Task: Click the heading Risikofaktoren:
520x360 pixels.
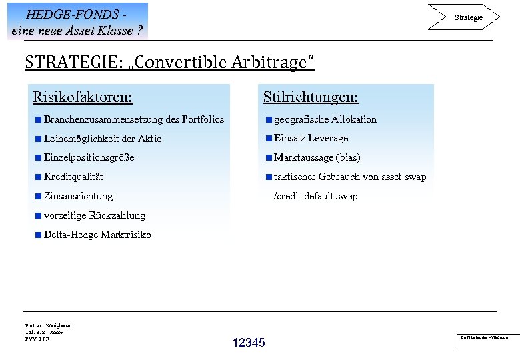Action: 82,97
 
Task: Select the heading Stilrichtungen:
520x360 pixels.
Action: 311,97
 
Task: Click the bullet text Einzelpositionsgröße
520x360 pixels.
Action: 89,158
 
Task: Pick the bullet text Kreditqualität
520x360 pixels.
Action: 73,177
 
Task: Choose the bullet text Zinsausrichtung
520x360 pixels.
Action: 78,196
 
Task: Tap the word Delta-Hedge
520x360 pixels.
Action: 70,235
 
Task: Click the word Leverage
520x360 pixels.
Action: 327,138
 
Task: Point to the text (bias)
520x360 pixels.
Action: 348,158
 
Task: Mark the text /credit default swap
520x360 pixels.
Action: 316,196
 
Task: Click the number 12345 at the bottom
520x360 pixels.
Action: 249,343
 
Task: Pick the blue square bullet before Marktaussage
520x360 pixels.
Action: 269,158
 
